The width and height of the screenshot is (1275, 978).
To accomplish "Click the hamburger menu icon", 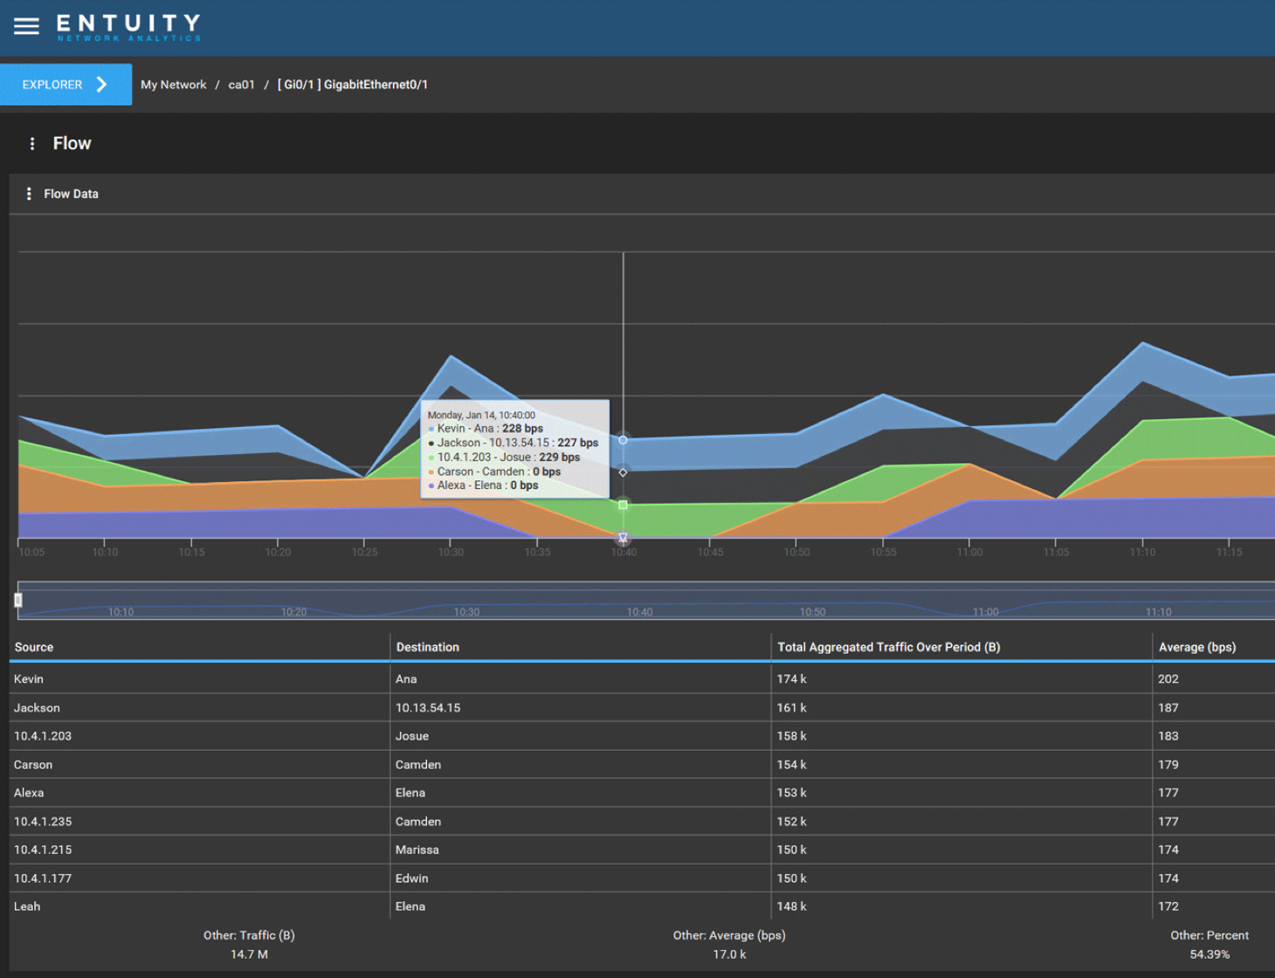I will [26, 26].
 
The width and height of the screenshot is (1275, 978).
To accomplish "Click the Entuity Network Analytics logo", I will [128, 27].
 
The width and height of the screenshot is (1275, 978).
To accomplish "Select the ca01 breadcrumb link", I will [241, 85].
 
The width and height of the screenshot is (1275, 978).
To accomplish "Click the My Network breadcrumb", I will [173, 85].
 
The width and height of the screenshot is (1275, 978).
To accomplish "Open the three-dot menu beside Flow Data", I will [29, 194].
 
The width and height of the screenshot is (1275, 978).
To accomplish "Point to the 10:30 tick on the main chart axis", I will [451, 552].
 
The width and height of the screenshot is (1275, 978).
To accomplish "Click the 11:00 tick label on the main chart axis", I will [969, 552].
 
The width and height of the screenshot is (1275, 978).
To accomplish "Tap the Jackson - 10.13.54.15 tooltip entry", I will [517, 443].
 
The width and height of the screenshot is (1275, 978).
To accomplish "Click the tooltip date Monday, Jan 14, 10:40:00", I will [481, 415].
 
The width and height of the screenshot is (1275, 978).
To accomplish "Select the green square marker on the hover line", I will [623, 505].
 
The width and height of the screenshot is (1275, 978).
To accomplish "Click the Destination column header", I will [427, 647].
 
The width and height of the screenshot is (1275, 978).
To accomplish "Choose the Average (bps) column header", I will [1196, 647].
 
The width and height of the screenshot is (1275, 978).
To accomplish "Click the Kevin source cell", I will [29, 678].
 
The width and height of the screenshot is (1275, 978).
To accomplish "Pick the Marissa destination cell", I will [417, 850].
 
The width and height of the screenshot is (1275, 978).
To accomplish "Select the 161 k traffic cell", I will [791, 707].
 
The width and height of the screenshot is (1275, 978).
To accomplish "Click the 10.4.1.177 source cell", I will [43, 878].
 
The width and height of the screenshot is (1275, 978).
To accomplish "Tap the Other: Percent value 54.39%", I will [1209, 954].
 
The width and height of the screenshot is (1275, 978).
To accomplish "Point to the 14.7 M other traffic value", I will [249, 954].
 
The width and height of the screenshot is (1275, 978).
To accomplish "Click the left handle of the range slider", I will [18, 600].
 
